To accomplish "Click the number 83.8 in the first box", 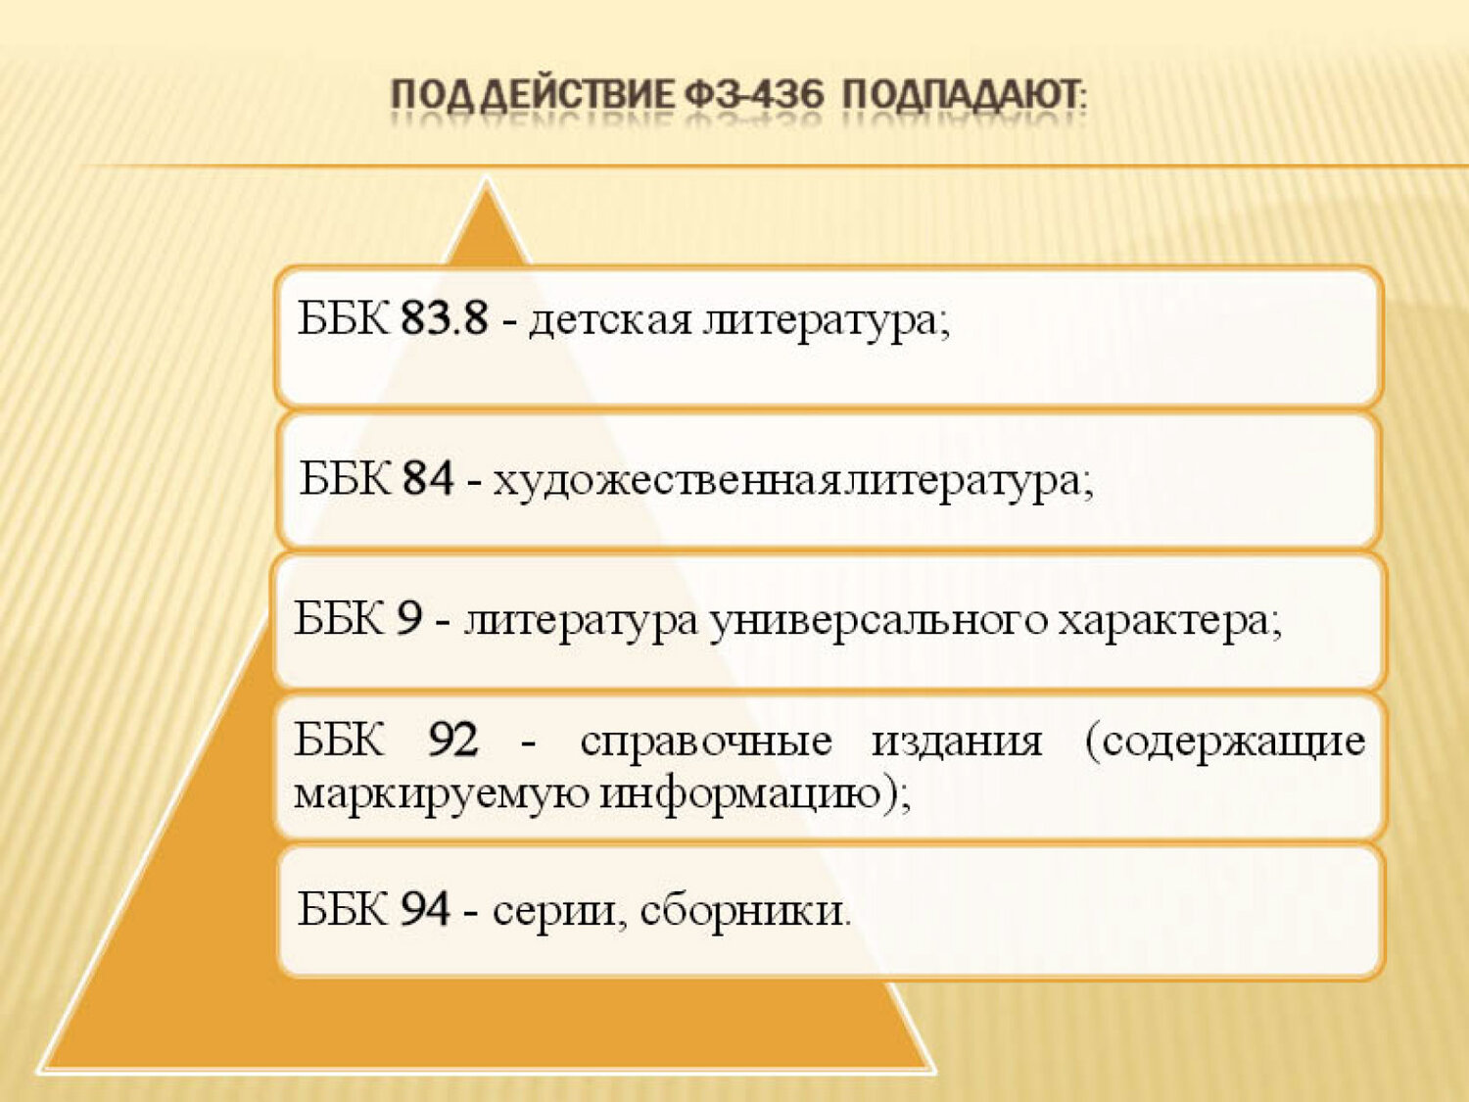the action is [445, 317].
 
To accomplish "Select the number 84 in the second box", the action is [428, 478].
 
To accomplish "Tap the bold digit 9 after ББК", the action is [409, 619].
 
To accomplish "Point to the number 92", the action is [453, 740].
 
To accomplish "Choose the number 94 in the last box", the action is [425, 909].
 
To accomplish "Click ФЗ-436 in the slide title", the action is [753, 96].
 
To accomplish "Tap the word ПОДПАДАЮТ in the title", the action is [968, 96].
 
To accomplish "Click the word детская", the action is [610, 320].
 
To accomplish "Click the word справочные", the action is [706, 744].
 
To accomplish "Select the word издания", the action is [957, 743].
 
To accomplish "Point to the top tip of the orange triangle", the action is [487, 179].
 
